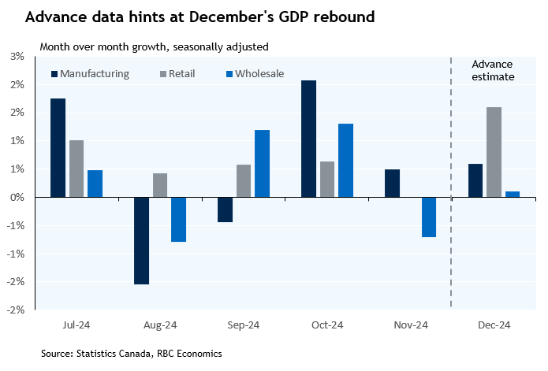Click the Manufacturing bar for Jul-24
[58, 147]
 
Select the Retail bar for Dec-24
[494, 152]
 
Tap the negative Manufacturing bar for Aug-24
[141, 240]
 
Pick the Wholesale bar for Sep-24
[262, 163]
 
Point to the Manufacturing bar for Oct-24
[309, 139]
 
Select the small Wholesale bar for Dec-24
[513, 194]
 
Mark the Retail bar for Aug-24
[160, 185]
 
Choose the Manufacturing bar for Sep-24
[225, 210]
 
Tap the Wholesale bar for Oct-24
[345, 160]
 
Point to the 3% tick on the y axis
[17, 56]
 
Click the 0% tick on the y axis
[17, 197]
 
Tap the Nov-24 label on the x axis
[410, 325]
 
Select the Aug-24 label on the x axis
[160, 325]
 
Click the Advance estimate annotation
[493, 71]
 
